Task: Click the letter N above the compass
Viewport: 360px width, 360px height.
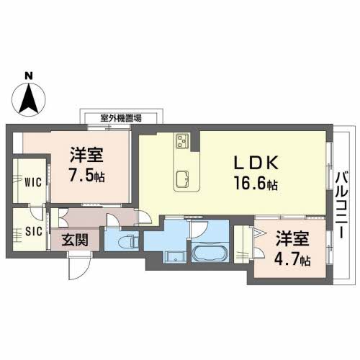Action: click(29, 76)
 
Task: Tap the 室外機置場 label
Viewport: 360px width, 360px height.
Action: click(121, 118)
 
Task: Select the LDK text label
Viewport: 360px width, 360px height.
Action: click(256, 163)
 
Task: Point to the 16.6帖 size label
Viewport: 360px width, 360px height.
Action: click(256, 183)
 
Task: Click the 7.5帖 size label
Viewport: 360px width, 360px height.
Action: click(86, 175)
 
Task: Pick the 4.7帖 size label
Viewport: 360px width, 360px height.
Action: click(292, 259)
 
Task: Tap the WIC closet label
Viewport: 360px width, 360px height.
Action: click(33, 182)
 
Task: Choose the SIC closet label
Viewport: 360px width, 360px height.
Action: click(34, 231)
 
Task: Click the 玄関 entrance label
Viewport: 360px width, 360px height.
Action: click(75, 240)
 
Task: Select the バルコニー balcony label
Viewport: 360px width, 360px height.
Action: click(342, 205)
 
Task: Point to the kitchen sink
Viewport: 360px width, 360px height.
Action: click(183, 179)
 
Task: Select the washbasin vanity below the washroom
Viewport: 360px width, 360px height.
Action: click(175, 257)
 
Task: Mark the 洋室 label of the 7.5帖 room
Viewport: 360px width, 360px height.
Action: click(86, 155)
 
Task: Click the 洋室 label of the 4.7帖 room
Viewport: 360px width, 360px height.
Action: click(292, 239)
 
